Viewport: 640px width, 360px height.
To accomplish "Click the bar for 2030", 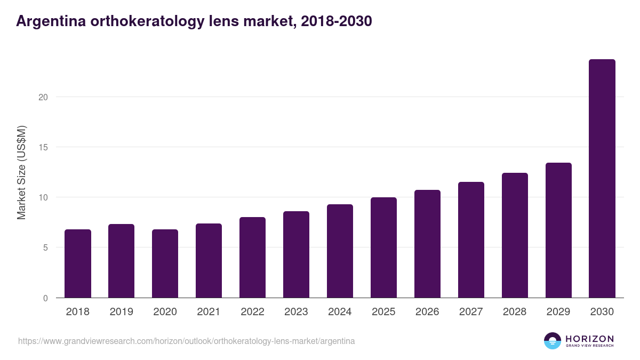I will (x=602, y=179).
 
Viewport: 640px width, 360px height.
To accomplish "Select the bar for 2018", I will (x=78, y=263).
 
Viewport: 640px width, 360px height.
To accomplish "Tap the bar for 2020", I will (x=165, y=263).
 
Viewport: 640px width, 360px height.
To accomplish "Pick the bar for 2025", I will (x=384, y=247).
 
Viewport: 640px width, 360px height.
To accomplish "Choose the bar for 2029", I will (x=558, y=230).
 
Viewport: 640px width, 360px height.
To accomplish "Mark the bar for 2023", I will (x=297, y=254).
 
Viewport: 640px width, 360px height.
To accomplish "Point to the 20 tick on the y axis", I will (x=43, y=97).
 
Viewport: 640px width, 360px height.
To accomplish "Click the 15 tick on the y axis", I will (x=43, y=147).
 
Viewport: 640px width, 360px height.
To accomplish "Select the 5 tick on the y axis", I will (x=45, y=247).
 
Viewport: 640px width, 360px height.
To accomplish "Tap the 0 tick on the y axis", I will (x=45, y=298).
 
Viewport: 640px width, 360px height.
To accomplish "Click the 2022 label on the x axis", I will (x=253, y=312).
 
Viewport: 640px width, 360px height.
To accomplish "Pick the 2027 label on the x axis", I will (x=471, y=312).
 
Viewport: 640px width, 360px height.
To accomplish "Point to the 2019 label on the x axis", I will (x=122, y=312).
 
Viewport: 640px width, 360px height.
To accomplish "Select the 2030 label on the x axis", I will (x=602, y=312).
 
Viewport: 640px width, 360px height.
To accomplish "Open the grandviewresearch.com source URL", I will (x=186, y=341).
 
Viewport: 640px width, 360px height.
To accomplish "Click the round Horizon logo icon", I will (x=553, y=341).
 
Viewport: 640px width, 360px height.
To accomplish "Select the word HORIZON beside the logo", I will (x=589, y=338).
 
